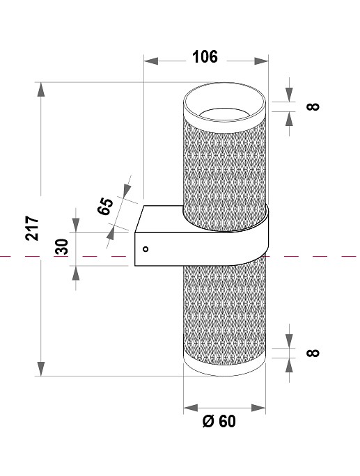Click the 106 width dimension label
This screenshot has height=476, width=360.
click(x=205, y=57)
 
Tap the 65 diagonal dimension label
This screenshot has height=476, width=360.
click(x=106, y=207)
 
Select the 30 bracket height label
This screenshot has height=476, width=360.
click(x=62, y=247)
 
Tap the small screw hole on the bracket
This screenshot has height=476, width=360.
click(x=146, y=248)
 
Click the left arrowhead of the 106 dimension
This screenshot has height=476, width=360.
click(x=148, y=61)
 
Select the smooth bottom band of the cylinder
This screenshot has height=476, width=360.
click(x=225, y=365)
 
